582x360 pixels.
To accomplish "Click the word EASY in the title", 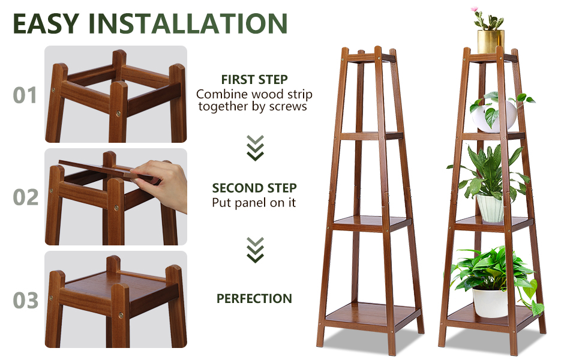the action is coord(46,23).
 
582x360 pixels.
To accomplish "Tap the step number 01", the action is coord(25,95).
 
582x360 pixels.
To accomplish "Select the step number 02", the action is coord(26,197).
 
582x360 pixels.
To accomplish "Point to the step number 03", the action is coord(26,300).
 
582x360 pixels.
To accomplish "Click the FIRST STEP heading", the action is coord(254,79).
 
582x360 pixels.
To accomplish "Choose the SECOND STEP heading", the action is coord(254,188).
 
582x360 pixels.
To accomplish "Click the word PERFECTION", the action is coord(254,298).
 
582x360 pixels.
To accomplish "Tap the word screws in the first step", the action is coord(288,107).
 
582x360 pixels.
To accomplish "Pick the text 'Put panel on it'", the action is coord(254,203).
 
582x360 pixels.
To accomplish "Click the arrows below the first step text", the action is coord(256,148).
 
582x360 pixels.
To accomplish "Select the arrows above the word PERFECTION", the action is coord(256,250).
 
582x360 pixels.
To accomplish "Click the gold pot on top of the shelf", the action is coord(491,41).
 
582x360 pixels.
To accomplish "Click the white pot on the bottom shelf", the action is coord(490,302).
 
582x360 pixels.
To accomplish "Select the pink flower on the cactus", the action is coord(474,8).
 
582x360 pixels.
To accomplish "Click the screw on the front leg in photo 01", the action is coord(118,113).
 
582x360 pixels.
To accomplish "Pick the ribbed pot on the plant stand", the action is coord(491,208).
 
